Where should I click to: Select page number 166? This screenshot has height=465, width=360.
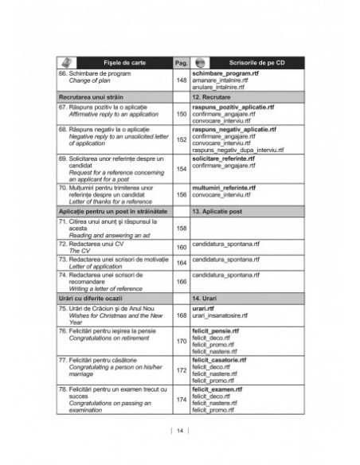181,281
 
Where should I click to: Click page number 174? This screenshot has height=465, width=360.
181,397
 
